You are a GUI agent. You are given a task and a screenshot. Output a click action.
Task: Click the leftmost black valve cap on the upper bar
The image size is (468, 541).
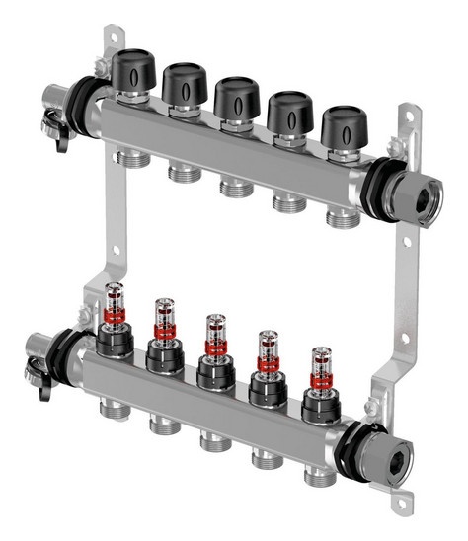132,71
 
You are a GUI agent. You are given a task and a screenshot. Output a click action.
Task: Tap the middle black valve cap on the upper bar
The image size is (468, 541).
237,100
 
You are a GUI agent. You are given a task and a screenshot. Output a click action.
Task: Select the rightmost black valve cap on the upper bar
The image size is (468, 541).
345,125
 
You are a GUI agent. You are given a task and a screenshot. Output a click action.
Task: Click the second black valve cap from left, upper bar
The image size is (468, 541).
185,86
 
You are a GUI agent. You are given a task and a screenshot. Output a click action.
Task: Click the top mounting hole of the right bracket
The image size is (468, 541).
404,116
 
